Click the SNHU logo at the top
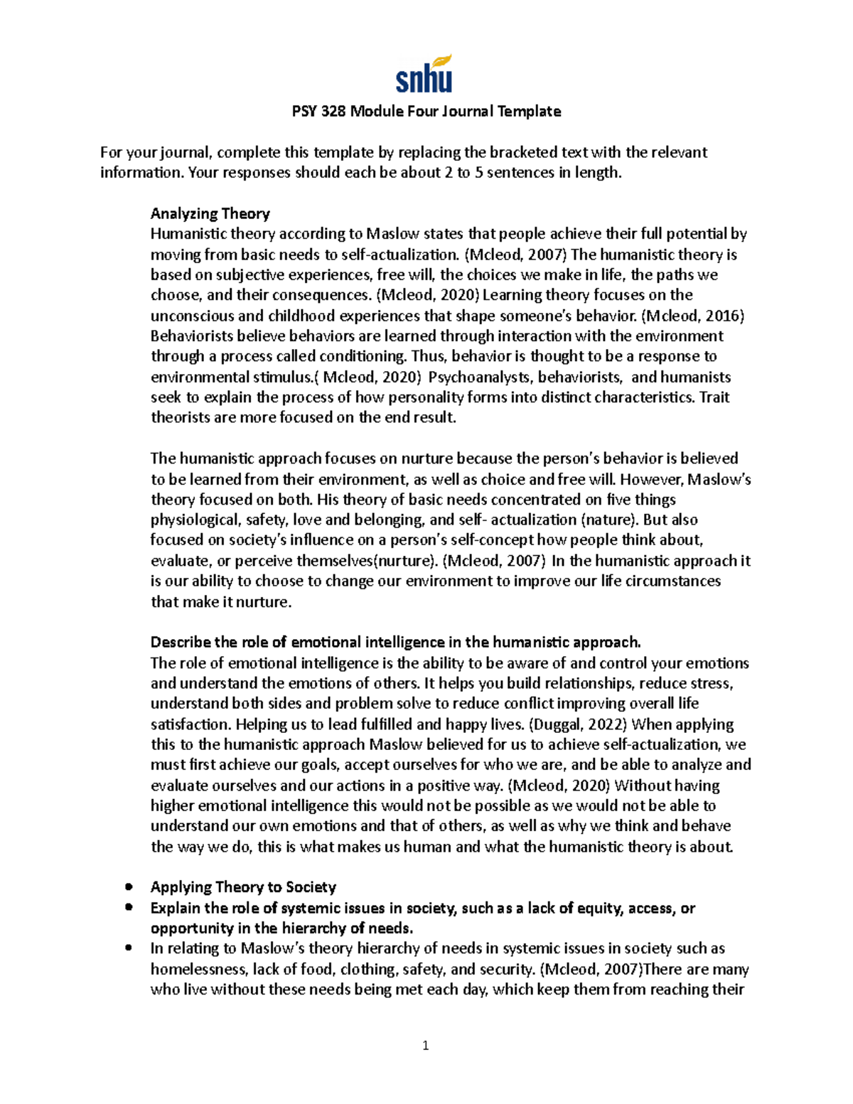424,75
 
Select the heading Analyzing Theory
210,214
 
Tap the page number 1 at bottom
425,1045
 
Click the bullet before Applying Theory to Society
129,887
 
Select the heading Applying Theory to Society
243,887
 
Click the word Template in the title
529,112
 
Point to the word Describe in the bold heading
180,643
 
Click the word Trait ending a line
714,397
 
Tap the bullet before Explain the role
129,908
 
